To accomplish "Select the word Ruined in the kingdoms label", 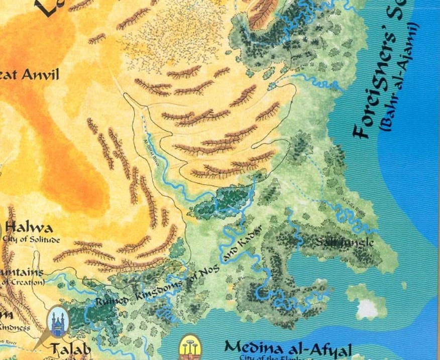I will click(x=111, y=301).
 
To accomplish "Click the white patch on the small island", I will click(x=367, y=308).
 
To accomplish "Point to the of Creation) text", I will click(x=22, y=282).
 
